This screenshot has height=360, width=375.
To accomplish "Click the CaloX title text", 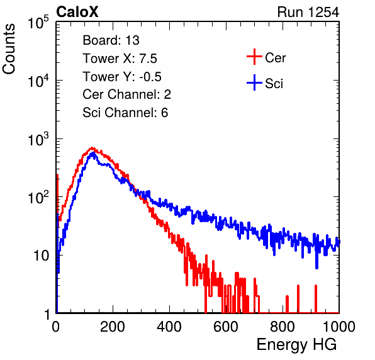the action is coord(77,12).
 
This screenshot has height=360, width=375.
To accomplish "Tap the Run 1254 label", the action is coord(308,12).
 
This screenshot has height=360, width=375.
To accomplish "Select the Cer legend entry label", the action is coord(275,58).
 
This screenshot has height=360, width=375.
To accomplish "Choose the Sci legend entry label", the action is coord(274,84).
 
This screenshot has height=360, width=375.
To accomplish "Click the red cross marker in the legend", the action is coord(254,57).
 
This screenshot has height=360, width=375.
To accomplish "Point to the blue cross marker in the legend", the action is coord(254,83).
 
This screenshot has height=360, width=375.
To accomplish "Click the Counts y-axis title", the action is coord(9,49).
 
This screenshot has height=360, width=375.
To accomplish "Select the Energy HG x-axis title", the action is coord(296,345).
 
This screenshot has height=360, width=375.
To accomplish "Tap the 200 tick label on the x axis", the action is coord(113,327).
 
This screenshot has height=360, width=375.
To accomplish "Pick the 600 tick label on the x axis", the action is coord(226,327).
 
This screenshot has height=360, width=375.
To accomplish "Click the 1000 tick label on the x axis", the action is coord(339,327).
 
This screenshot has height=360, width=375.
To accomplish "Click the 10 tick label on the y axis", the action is coord(42,256).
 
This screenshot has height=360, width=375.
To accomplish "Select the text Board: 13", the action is coord(111,40).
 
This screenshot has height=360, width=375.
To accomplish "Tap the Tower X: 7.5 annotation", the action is coord(120,59).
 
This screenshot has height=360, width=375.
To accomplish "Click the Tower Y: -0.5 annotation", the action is coord(122,77).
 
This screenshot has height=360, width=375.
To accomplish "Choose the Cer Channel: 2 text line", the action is coord(126,94).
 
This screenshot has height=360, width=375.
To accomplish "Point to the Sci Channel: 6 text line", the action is coord(125,113).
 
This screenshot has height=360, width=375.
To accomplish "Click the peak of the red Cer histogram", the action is coord(92,148).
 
